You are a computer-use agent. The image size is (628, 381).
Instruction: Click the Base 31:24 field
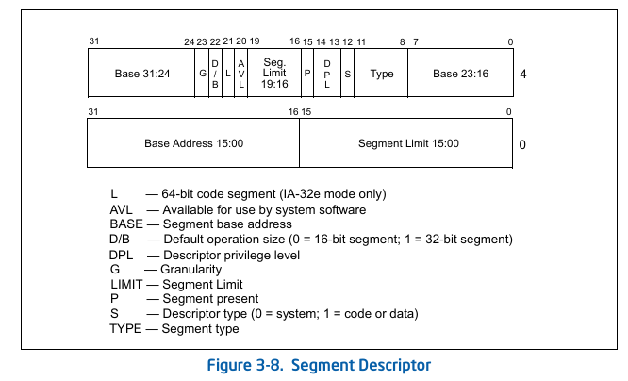pos(140,74)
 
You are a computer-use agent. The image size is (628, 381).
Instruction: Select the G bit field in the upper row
pos(202,74)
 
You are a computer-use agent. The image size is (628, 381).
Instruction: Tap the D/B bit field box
pos(215,74)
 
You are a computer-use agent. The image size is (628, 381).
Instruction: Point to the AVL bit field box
pos(240,74)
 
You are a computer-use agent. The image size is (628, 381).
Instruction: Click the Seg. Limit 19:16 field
pos(273,74)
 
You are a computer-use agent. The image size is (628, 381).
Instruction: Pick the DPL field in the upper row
pos(327,74)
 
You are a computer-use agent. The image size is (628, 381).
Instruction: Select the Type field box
pos(381,74)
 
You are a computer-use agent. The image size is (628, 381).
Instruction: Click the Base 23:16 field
pos(460,74)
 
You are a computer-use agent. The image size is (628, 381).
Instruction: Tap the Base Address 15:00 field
pos(193,143)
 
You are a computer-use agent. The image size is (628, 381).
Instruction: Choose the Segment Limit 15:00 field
pos(407,143)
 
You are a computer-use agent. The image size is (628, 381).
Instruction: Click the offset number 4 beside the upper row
pos(522,75)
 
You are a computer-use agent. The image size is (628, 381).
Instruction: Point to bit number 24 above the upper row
pos(190,41)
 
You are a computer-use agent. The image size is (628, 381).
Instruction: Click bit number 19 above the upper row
pos(255,41)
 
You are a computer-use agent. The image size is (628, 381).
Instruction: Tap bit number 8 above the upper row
pos(403,41)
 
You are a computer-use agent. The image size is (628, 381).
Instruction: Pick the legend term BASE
pos(125,224)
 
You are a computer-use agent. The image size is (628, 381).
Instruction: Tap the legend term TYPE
pos(124,328)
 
